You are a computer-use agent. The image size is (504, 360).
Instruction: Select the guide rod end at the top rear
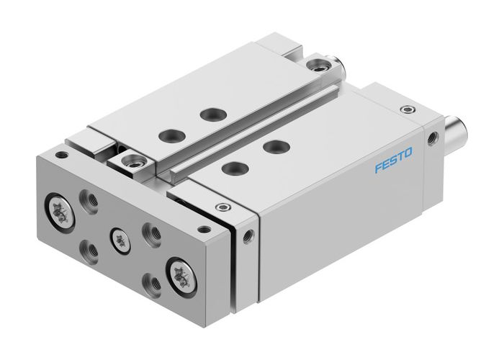338,68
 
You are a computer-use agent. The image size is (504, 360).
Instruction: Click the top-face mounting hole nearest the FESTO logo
271,146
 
